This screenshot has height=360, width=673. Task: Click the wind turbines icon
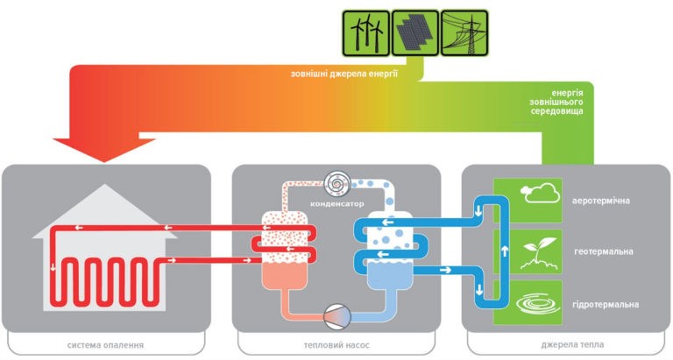click(x=365, y=33)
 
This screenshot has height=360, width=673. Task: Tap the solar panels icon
click(x=415, y=33)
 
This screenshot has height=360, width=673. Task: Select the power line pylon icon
click(x=464, y=33)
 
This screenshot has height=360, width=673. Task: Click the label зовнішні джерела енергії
click(x=344, y=74)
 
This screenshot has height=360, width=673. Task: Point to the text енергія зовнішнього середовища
click(x=556, y=102)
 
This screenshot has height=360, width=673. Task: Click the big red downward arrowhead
click(x=104, y=150)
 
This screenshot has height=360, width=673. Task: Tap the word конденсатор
click(x=336, y=204)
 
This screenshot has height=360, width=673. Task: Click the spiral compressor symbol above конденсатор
click(x=337, y=184)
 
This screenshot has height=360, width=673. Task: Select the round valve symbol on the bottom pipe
click(x=337, y=317)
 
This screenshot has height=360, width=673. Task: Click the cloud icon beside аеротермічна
click(x=541, y=193)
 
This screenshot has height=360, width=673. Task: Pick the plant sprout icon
click(x=540, y=253)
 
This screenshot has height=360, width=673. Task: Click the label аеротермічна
click(x=601, y=201)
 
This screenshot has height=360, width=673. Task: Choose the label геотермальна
click(x=604, y=251)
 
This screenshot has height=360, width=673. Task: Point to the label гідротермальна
click(x=606, y=305)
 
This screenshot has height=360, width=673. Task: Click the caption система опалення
click(x=105, y=345)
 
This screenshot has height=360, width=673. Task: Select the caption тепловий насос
click(x=336, y=345)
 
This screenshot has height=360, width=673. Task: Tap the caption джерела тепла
click(x=572, y=344)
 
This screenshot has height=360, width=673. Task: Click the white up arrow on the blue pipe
click(x=505, y=251)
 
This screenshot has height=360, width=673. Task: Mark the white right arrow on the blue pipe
click(x=445, y=270)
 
